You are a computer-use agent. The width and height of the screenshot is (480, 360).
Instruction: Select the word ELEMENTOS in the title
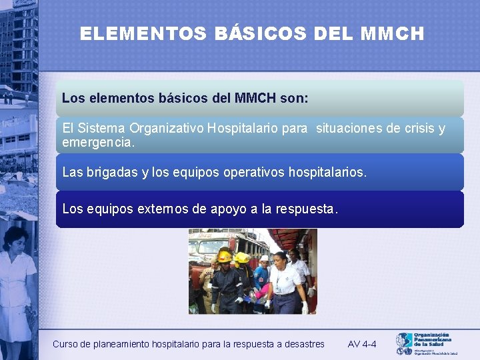coord(143,34)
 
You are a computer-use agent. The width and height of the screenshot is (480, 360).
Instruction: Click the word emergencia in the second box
coord(97,143)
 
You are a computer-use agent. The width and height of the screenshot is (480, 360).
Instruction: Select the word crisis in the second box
coord(410,128)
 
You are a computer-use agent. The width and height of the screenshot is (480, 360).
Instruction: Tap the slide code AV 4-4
coord(362,344)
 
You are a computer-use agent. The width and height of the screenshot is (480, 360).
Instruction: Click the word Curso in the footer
coord(65,344)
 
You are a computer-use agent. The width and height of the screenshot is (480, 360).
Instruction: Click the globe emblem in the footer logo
coord(404,342)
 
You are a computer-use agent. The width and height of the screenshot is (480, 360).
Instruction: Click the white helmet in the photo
coord(264,258)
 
